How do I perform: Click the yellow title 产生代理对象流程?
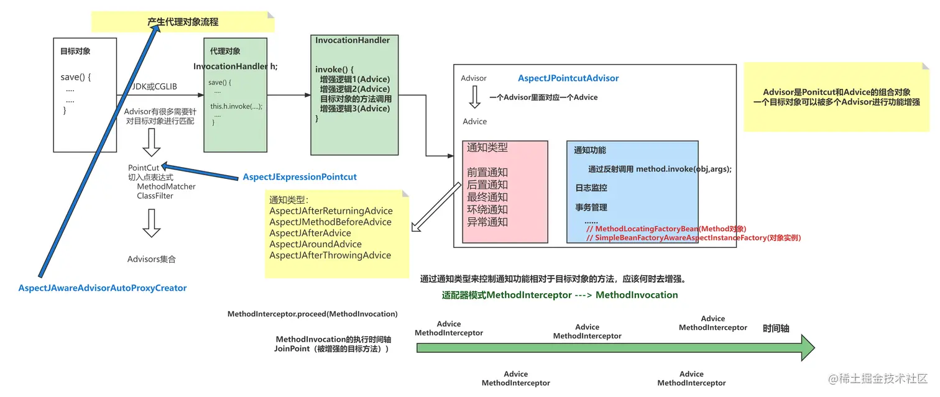point(183,22)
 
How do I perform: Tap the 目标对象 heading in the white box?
point(75,52)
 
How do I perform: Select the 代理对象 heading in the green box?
point(225,51)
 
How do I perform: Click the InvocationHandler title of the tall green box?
point(352,40)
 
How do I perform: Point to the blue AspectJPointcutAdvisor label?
point(568,78)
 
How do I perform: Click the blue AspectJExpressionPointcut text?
point(300,177)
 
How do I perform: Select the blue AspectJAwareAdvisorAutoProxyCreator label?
point(103,288)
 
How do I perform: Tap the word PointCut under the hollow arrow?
point(143,168)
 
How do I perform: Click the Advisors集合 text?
point(152,259)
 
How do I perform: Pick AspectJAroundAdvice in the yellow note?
point(315,244)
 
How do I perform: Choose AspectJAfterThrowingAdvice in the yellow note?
point(330,255)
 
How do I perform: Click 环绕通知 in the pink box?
point(487,209)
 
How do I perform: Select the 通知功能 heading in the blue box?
point(589,150)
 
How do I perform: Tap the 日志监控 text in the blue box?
point(591,188)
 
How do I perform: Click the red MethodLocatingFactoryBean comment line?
point(666,229)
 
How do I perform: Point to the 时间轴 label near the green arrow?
point(776,328)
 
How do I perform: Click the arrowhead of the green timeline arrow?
point(807,348)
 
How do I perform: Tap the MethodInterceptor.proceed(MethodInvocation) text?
point(312,314)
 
